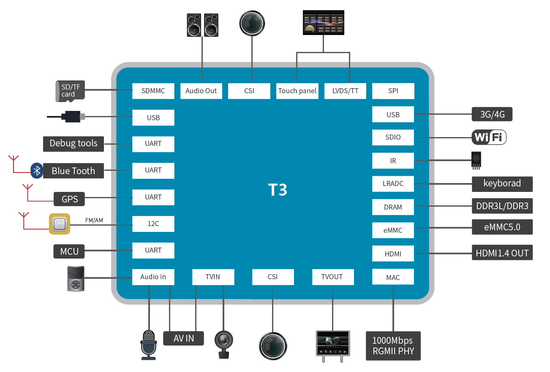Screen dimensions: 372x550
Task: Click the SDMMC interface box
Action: point(153,91)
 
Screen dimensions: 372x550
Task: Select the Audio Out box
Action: point(201,91)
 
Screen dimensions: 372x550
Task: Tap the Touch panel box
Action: point(297,91)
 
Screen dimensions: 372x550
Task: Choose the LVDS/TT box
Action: point(345,91)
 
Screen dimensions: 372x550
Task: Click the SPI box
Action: point(393,91)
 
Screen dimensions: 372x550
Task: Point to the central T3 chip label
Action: point(278,190)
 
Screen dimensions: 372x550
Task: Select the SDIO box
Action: point(393,137)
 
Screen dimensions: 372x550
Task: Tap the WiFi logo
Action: point(489,137)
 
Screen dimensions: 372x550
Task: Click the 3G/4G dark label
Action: point(492,114)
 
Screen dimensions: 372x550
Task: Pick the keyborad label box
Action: point(502,184)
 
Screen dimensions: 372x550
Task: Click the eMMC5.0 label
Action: point(502,227)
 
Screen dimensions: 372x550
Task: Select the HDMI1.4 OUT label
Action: point(502,253)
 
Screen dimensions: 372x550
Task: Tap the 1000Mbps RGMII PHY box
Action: point(393,345)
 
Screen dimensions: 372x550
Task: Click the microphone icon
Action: point(148,344)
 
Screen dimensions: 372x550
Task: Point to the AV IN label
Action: point(183,338)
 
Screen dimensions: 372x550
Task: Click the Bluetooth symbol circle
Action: point(37,171)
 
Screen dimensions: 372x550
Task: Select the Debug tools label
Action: point(74,143)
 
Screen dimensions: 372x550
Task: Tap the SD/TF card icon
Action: point(70,91)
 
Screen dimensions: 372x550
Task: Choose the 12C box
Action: point(153,224)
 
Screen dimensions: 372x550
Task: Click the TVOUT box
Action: point(332,277)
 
